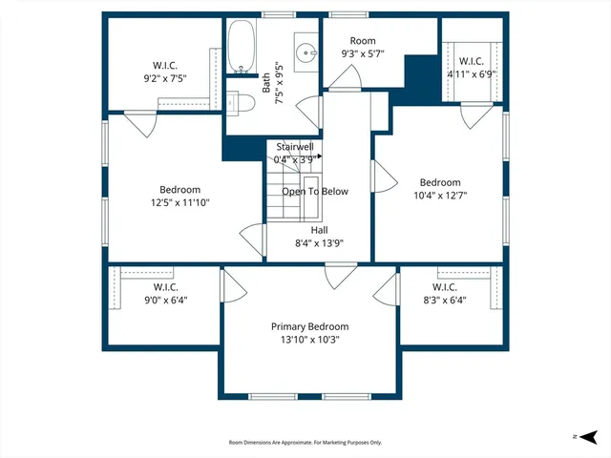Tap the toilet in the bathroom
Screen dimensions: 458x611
click(241, 101)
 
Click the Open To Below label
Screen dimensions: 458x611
click(314, 191)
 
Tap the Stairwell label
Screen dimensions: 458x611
click(295, 147)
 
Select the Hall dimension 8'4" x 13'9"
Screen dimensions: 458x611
click(319, 243)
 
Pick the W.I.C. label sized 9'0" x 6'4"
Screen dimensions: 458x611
click(165, 287)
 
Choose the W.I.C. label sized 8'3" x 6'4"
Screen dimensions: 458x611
click(444, 287)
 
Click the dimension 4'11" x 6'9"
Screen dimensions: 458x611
click(472, 73)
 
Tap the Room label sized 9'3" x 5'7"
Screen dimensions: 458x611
click(363, 41)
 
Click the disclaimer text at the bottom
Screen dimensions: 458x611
click(305, 443)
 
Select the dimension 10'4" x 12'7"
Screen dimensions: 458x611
click(440, 196)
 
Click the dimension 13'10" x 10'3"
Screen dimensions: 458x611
click(309, 340)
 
